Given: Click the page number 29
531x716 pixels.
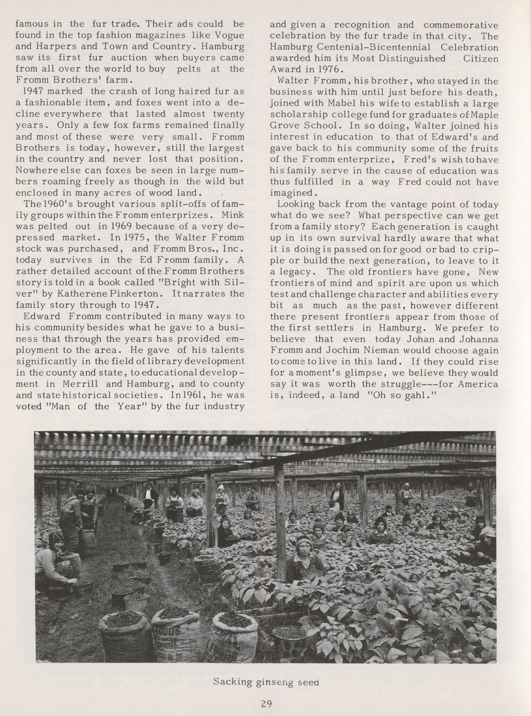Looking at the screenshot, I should (x=266, y=704).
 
